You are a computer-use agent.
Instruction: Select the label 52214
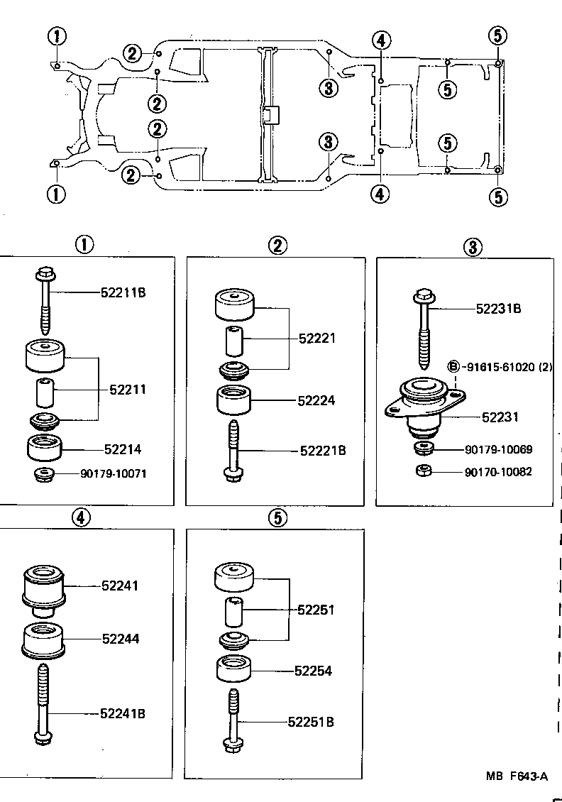point(123,449)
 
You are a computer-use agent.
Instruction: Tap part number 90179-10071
point(114,473)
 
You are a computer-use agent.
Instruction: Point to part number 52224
point(316,400)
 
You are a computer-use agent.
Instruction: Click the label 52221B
point(323,450)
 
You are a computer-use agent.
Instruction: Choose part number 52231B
point(498,309)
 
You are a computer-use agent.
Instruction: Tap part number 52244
point(120,639)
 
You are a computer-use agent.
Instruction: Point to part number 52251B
point(311,723)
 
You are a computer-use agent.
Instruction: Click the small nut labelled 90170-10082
point(424,471)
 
